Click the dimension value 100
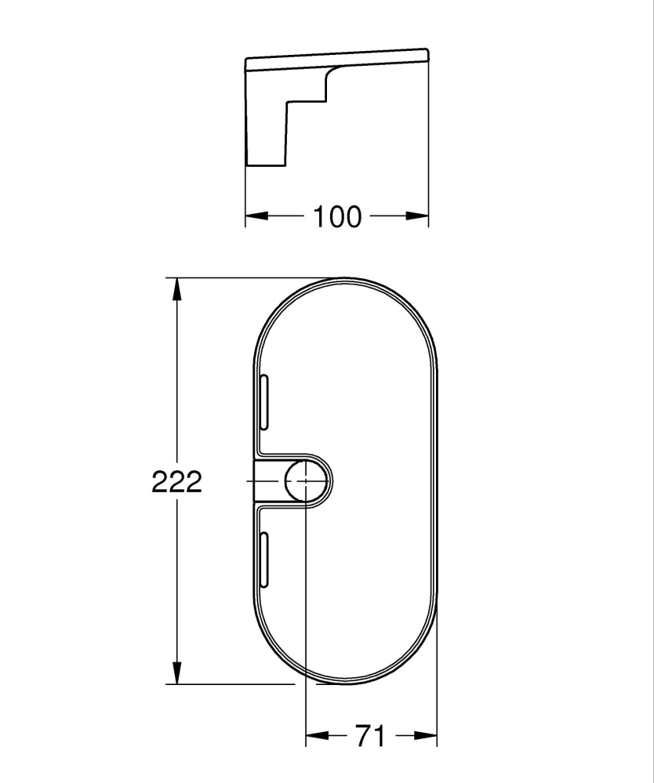(x=338, y=216)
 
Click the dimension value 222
(x=176, y=482)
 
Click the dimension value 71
(x=370, y=736)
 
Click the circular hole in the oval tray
(x=305, y=481)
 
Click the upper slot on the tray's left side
(x=264, y=402)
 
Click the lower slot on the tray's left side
(x=264, y=560)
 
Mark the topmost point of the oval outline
(x=346, y=278)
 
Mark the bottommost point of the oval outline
(x=346, y=684)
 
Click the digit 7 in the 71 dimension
(x=363, y=736)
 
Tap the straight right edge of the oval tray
(x=436, y=481)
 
